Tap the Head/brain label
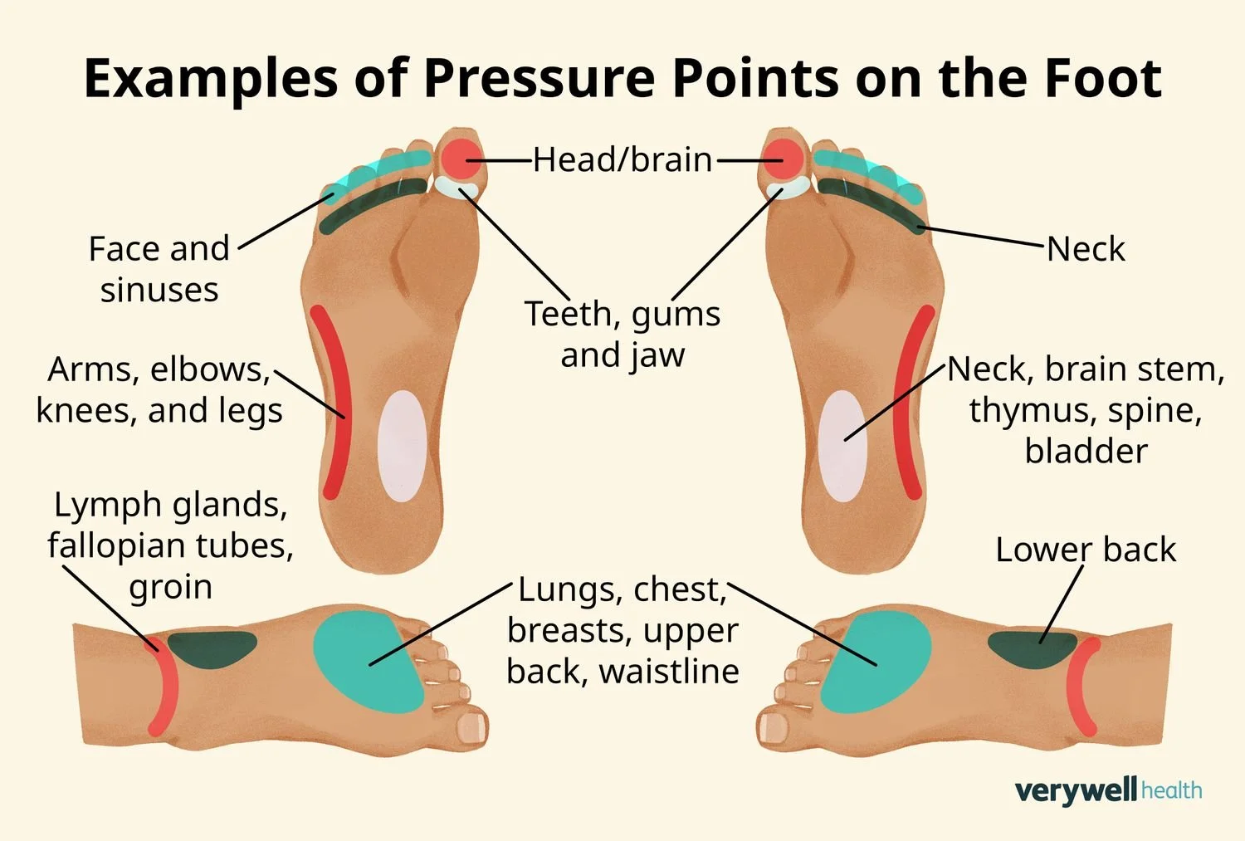click(622, 159)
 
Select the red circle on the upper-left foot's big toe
click(461, 158)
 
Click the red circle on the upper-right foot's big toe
click(784, 158)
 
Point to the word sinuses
click(159, 291)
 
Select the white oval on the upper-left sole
click(402, 445)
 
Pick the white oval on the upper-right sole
click(842, 445)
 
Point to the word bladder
click(1086, 452)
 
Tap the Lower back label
click(1086, 550)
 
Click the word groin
click(171, 587)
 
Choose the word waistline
click(669, 672)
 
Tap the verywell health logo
click(1108, 790)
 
